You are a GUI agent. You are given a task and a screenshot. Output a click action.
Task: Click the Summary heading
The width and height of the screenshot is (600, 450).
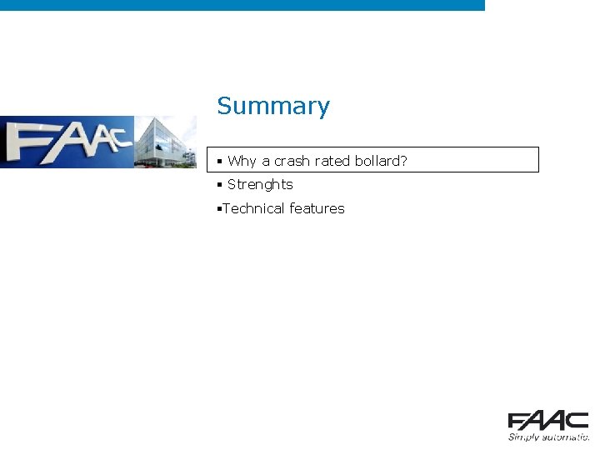pyautogui.click(x=273, y=107)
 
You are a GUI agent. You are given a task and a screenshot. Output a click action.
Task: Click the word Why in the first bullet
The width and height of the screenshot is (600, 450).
pyautogui.click(x=242, y=161)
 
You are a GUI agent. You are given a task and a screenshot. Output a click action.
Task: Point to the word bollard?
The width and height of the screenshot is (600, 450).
pyautogui.click(x=381, y=161)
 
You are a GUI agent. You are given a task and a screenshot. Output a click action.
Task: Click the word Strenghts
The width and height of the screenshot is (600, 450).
pyautogui.click(x=260, y=185)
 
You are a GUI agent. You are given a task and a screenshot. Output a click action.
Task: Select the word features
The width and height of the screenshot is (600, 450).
pyautogui.click(x=317, y=209)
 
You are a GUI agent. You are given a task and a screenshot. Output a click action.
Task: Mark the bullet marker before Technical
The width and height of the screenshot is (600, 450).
pyautogui.click(x=217, y=209)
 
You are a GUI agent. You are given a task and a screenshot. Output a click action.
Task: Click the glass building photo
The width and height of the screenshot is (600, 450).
pyautogui.click(x=166, y=142)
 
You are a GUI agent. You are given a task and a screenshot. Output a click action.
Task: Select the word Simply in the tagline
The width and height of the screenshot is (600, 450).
pyautogui.click(x=523, y=436)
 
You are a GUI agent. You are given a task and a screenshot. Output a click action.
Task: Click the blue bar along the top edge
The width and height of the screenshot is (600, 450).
pyautogui.click(x=242, y=5)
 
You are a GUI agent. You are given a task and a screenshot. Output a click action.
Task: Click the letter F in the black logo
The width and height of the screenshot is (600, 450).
pyautogui.click(x=518, y=421)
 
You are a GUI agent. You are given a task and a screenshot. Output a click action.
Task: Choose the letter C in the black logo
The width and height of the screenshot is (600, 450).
pyautogui.click(x=577, y=421)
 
